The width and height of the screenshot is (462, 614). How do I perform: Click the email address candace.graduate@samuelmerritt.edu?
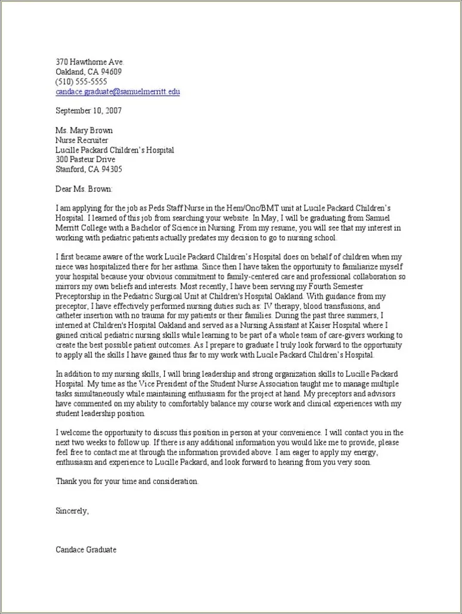click(118, 92)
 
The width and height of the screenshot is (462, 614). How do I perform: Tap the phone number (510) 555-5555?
click(81, 82)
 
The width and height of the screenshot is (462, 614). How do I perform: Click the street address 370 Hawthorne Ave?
click(90, 62)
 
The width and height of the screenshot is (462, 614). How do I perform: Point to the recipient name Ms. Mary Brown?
click(84, 131)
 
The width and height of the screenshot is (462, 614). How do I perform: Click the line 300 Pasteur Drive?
click(85, 160)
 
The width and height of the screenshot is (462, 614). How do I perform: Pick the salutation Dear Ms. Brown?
click(84, 189)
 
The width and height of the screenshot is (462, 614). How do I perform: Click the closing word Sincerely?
click(72, 510)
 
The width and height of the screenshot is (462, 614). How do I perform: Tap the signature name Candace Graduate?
click(86, 550)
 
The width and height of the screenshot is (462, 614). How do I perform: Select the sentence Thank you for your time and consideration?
click(127, 480)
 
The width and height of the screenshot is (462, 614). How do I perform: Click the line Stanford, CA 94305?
click(89, 169)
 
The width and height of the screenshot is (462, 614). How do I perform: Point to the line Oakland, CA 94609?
click(88, 72)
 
